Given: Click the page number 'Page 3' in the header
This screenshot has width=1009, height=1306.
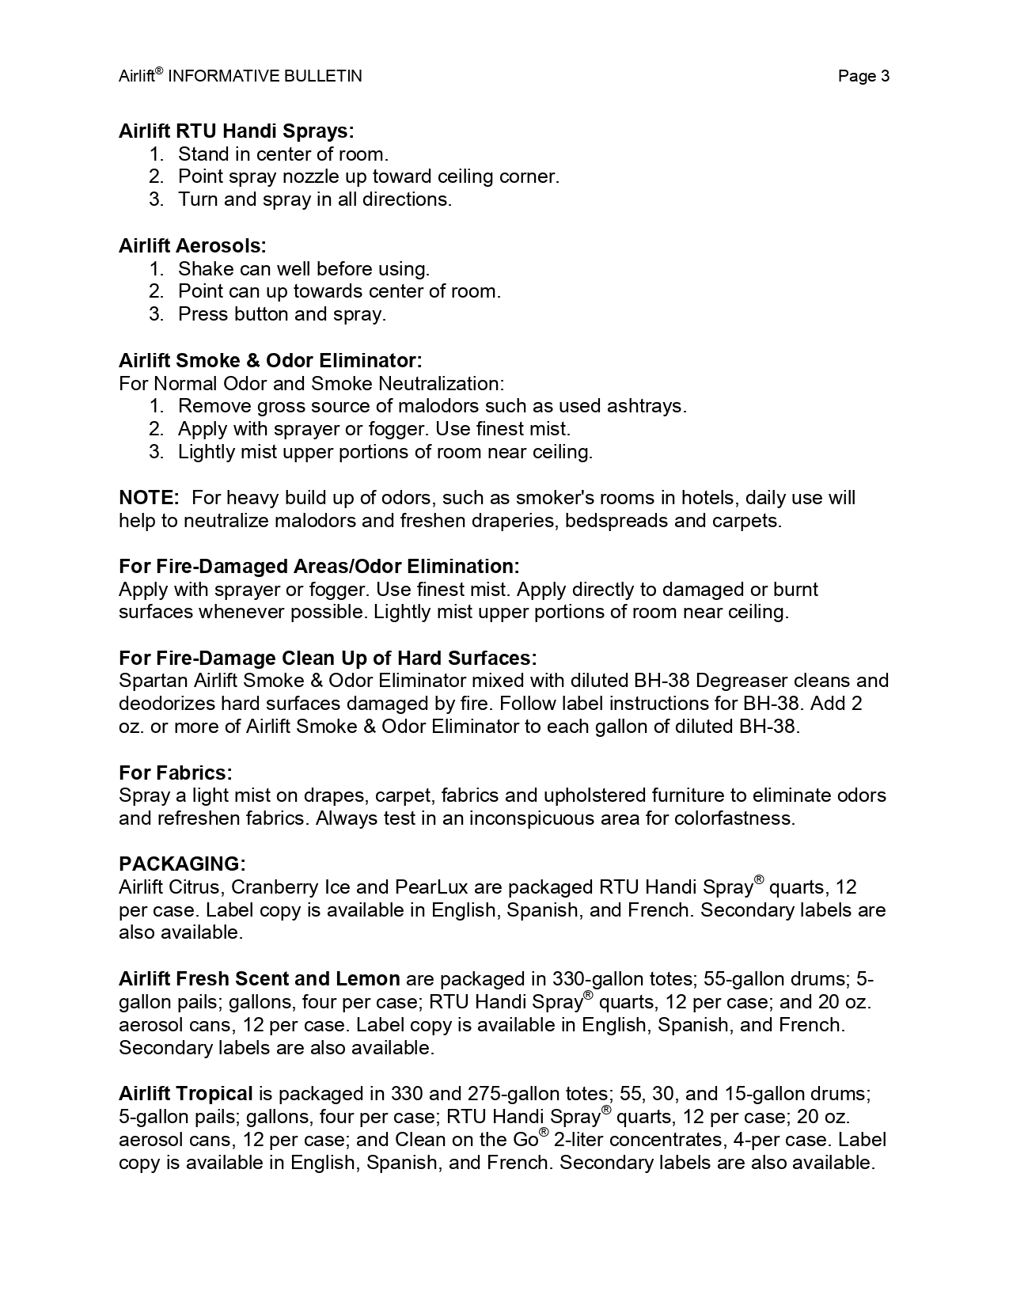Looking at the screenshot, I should coord(863,76).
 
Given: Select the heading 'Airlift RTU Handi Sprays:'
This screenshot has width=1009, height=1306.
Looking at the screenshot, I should coord(236,131).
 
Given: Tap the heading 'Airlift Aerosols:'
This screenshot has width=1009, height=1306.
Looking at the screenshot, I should coord(192,245).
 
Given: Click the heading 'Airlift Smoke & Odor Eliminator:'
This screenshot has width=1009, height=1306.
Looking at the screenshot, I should coord(270,361).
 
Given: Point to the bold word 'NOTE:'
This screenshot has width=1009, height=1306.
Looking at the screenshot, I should coord(149,498).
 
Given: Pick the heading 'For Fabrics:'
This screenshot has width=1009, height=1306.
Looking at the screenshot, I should coord(175,773).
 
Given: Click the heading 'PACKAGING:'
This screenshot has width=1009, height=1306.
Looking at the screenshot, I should coord(182,864).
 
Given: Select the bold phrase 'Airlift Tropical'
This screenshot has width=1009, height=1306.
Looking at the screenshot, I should coord(185,1094).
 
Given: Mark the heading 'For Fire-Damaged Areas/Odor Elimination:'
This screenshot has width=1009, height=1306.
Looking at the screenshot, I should coord(319,567).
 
